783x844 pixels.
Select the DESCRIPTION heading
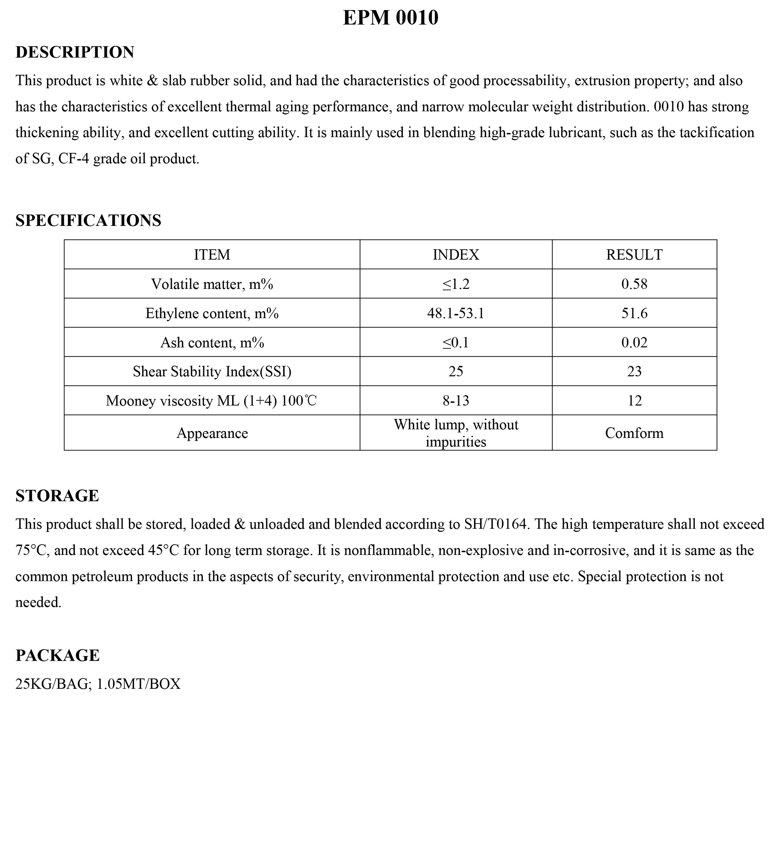click(75, 52)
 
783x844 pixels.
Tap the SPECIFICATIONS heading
click(88, 220)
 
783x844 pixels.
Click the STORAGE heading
click(57, 495)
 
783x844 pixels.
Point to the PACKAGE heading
click(58, 655)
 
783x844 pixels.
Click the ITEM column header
click(212, 255)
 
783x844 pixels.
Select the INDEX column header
click(456, 255)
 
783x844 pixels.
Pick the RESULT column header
click(634, 255)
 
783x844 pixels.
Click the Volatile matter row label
click(212, 284)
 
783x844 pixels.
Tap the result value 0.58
click(634, 284)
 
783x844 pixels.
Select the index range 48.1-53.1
click(456, 313)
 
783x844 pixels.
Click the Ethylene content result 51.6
click(634, 313)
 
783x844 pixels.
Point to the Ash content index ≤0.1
click(456, 342)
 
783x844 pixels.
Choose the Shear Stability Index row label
click(212, 372)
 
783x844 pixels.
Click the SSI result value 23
click(634, 372)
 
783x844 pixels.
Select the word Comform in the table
click(634, 433)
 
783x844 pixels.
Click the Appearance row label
click(212, 433)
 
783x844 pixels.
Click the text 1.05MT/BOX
click(139, 684)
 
